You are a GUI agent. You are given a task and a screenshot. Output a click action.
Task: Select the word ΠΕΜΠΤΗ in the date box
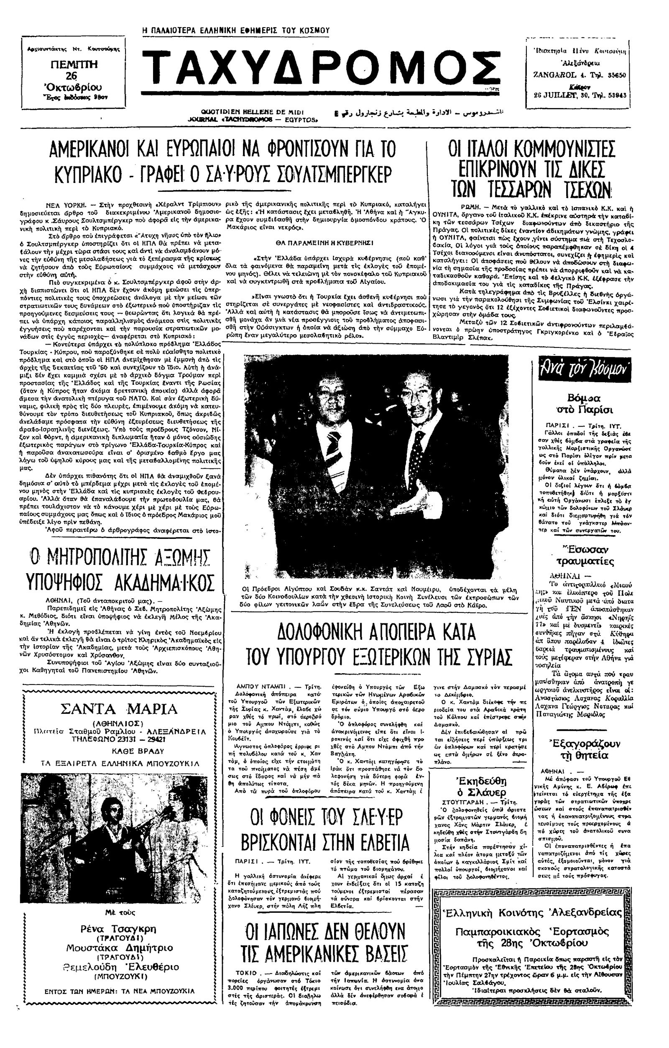[74, 64]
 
